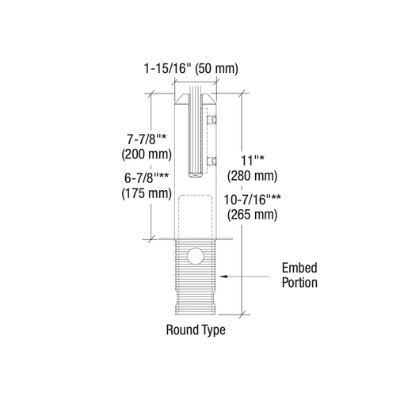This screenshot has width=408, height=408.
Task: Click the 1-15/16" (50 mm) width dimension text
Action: point(191,68)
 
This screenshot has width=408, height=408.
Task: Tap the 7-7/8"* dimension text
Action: point(147,139)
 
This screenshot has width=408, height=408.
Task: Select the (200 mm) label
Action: point(147,154)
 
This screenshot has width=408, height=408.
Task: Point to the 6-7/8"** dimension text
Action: point(147,178)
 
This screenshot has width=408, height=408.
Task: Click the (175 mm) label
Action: point(147,193)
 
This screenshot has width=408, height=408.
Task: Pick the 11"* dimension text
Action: point(253,160)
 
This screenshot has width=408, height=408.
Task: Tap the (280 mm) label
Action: point(253,176)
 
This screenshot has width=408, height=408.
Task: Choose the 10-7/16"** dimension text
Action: point(253,200)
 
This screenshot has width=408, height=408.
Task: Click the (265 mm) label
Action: point(253,215)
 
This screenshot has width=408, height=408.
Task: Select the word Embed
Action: point(299,268)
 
